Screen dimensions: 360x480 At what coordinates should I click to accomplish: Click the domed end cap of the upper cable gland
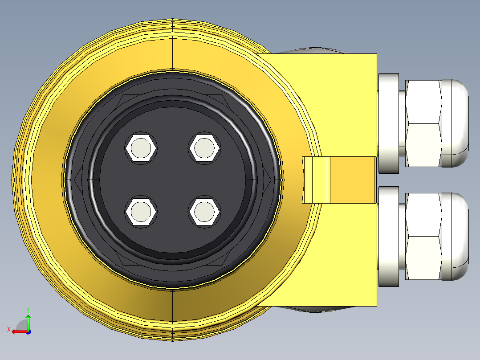click(x=456, y=123)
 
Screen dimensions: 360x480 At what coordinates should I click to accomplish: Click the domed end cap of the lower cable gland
click(x=456, y=237)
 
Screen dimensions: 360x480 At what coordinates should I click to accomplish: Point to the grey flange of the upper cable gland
click(x=388, y=123)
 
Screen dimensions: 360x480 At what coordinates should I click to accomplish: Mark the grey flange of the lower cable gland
click(x=388, y=237)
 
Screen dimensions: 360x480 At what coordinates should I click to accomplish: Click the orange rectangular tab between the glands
click(x=352, y=180)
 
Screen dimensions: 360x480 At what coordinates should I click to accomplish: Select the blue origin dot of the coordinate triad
click(x=28, y=331)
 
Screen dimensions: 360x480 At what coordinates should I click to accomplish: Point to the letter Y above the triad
click(x=28, y=309)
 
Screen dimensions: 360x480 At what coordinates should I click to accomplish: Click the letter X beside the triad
click(x=8, y=329)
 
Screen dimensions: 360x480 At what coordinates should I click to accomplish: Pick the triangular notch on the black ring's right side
click(x=268, y=180)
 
